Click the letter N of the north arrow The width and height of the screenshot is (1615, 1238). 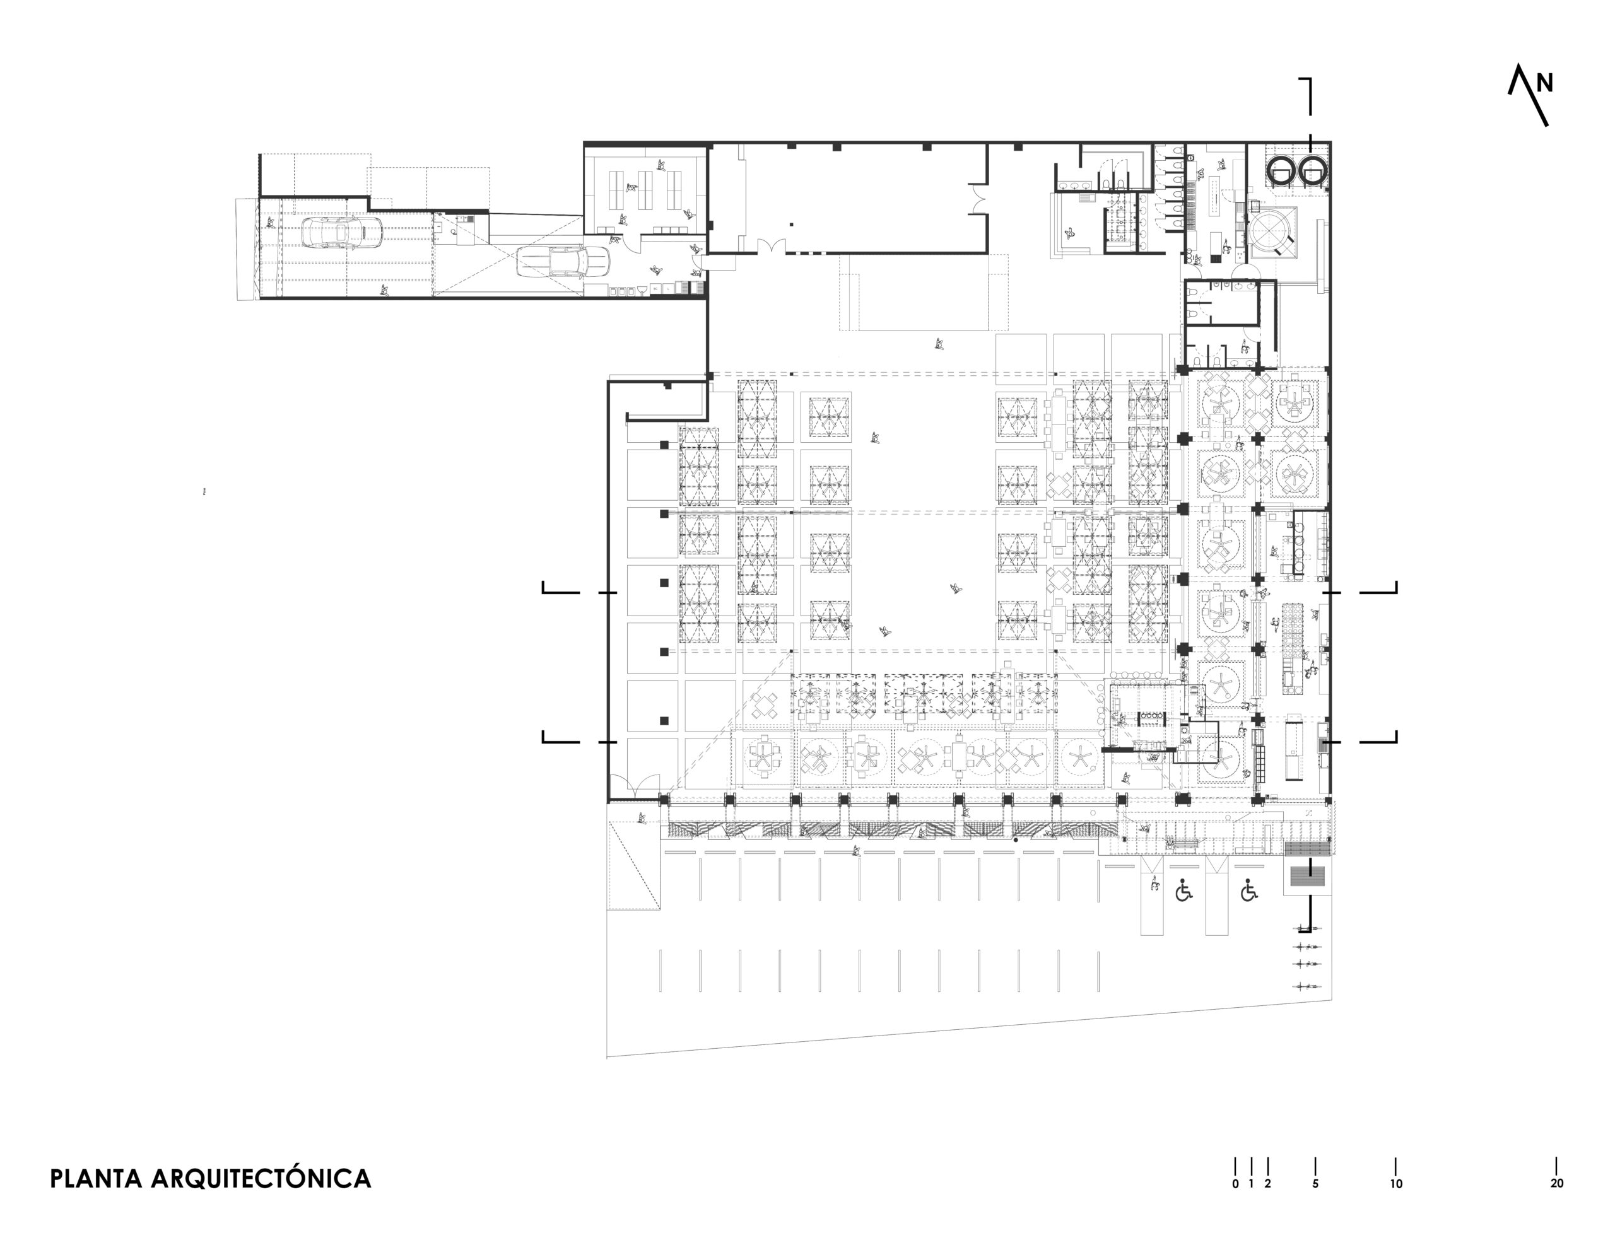pyautogui.click(x=1545, y=84)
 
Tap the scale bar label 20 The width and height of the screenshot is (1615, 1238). pyautogui.click(x=1557, y=1184)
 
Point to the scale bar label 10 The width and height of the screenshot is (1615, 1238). pyautogui.click(x=1396, y=1184)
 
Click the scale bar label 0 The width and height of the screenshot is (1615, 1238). pyautogui.click(x=1235, y=1184)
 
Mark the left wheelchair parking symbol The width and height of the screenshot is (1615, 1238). pyautogui.click(x=1183, y=891)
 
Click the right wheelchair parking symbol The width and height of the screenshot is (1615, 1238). pyautogui.click(x=1248, y=891)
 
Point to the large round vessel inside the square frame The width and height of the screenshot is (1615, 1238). pyautogui.click(x=1270, y=232)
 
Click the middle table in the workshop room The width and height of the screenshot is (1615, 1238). pyautogui.click(x=646, y=190)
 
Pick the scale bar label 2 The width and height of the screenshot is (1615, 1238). pyautogui.click(x=1268, y=1184)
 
